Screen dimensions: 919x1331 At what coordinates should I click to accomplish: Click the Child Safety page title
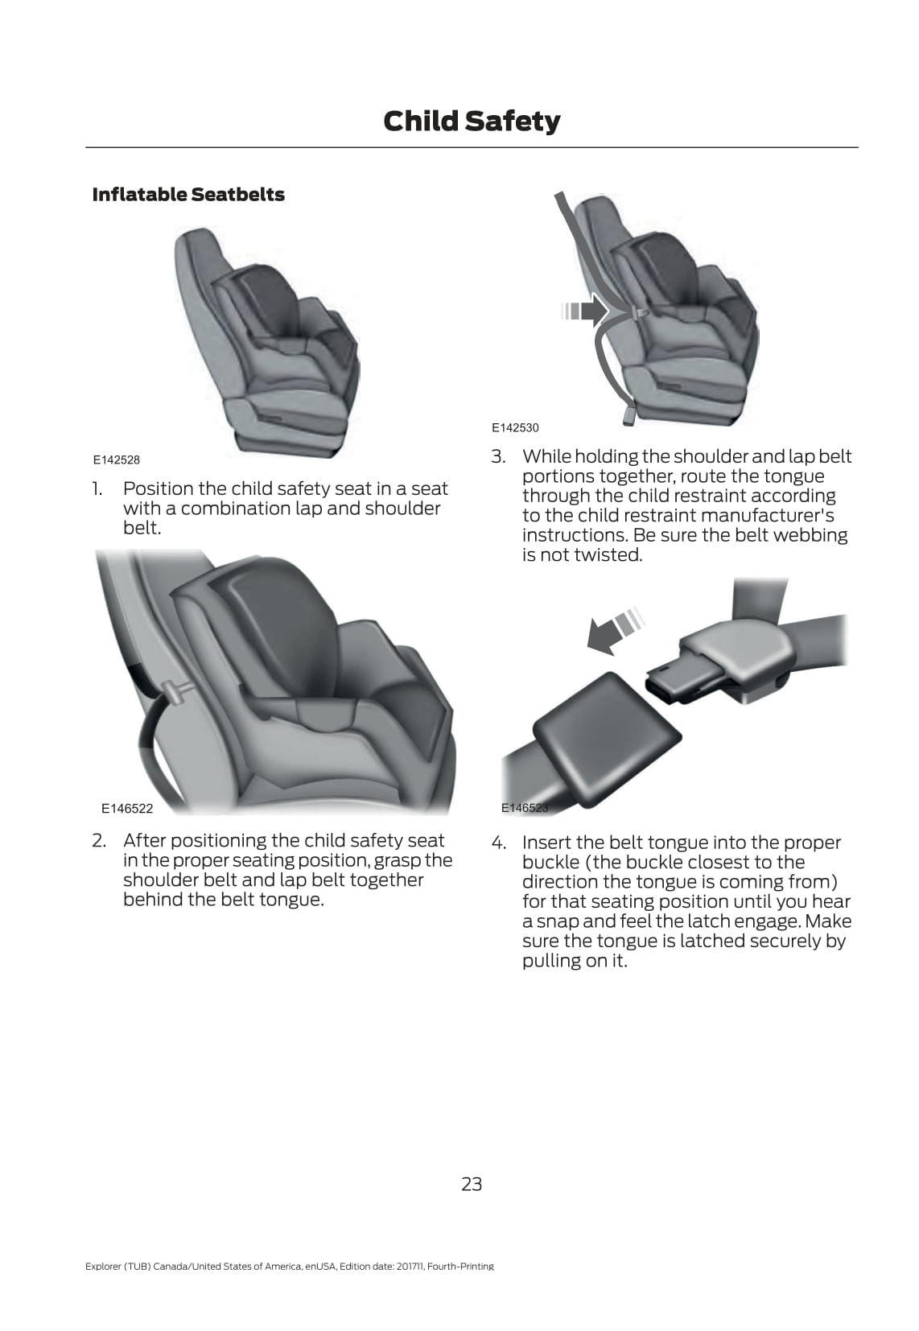472,122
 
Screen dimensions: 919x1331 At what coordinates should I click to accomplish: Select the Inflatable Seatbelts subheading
188,194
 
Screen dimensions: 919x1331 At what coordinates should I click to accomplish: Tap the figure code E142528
117,459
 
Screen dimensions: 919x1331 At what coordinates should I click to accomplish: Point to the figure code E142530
515,427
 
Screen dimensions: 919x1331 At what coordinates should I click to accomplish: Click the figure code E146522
127,808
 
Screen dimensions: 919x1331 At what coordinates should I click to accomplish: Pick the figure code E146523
525,807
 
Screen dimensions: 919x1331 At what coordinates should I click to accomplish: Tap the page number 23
472,1185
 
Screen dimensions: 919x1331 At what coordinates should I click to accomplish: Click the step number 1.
97,488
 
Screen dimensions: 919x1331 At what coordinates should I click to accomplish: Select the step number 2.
99,840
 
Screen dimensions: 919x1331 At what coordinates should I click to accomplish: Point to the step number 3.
498,456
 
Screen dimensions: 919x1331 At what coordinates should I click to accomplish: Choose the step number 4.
498,843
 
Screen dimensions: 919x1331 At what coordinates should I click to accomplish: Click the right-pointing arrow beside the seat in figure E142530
585,311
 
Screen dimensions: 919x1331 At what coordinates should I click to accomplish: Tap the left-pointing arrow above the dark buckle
615,632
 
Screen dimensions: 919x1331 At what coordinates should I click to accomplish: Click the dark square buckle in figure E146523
607,740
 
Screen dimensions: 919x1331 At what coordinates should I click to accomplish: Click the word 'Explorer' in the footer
102,1267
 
